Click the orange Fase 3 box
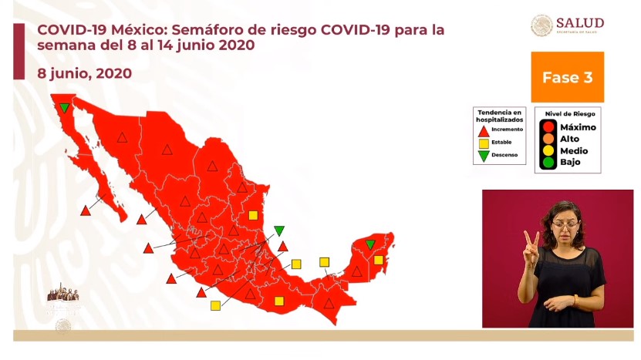tap(567, 77)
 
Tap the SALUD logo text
tap(579, 23)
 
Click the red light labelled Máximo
tap(548, 126)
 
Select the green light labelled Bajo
tap(548, 162)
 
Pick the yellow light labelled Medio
tap(548, 150)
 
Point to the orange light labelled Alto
tap(548, 138)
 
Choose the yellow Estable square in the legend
tap(484, 143)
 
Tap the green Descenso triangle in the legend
tap(484, 156)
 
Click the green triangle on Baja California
tap(66, 108)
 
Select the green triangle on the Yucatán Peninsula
tap(370, 244)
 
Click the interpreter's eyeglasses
tap(565, 224)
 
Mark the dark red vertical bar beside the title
tap(19, 50)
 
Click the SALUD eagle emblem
tap(541, 25)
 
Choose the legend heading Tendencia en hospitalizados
tap(499, 116)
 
